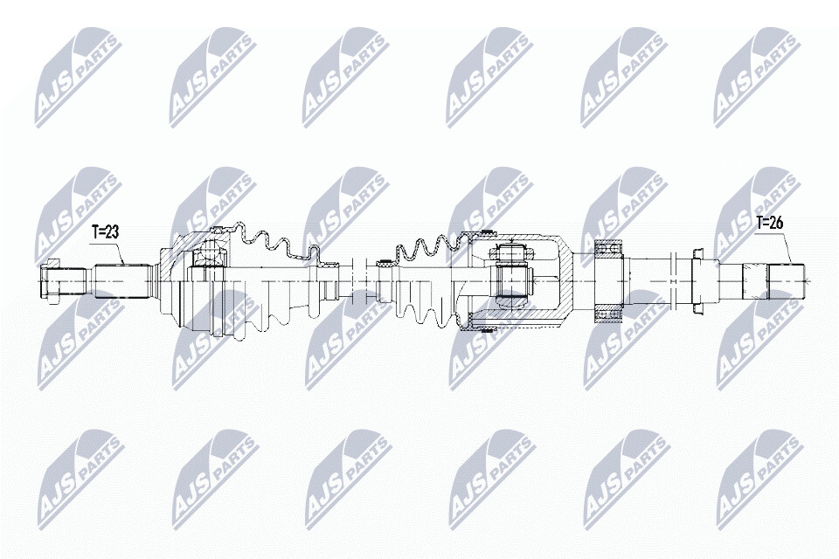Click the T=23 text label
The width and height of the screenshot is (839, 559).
click(x=105, y=231)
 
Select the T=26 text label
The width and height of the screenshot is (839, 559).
click(x=769, y=223)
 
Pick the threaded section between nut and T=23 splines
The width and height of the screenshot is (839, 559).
click(x=75, y=281)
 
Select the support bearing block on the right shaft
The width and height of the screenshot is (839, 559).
click(x=609, y=282)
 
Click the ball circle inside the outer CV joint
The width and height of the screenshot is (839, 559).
click(x=211, y=251)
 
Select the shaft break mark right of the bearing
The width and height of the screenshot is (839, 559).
click(x=674, y=281)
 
